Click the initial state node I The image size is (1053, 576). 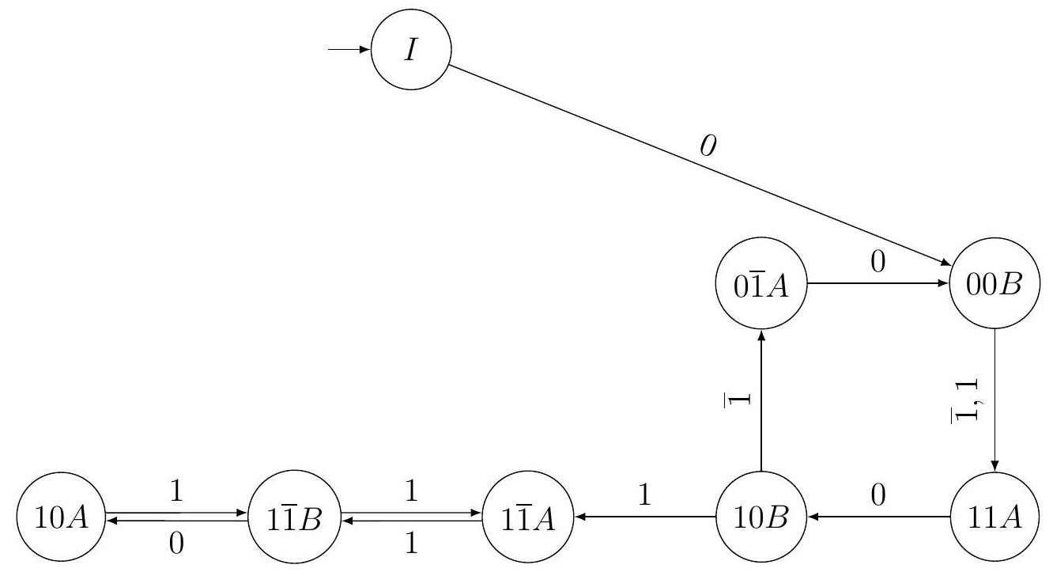[411, 51]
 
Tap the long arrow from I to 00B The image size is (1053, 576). [696, 170]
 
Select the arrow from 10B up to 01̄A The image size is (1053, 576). [760, 404]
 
